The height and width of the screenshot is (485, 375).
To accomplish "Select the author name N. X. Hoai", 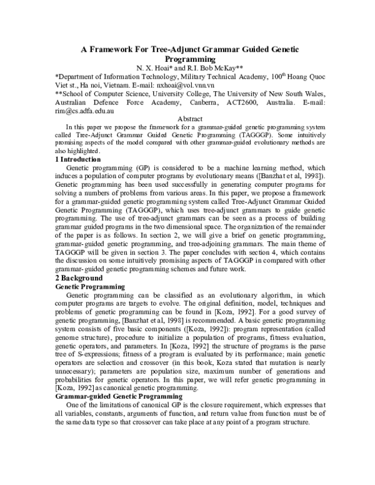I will click(154, 67).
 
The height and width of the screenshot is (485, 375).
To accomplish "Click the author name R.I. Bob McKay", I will click(210, 67).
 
